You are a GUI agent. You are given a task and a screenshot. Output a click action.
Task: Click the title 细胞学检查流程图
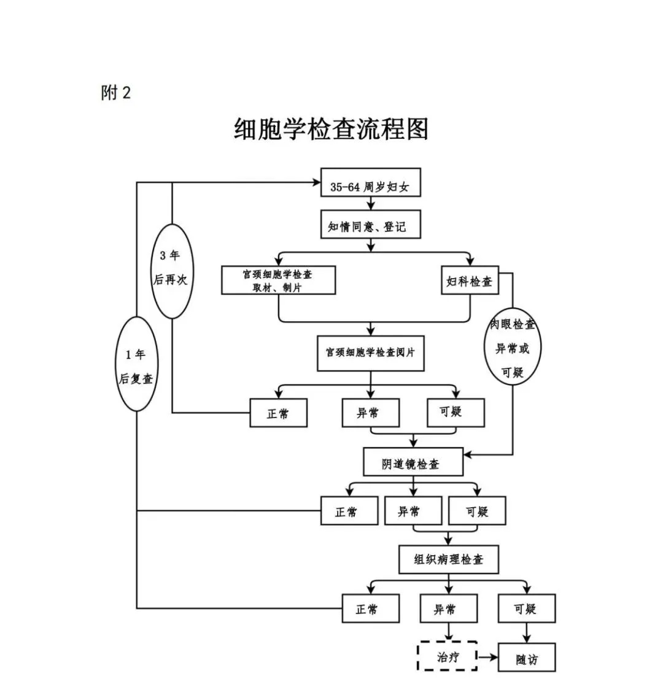tap(331, 130)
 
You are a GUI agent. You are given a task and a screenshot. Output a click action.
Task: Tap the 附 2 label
tap(116, 93)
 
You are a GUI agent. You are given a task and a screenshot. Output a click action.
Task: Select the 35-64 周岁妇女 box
tap(370, 182)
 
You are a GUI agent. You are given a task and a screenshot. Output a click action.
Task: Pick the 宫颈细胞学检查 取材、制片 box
tap(278, 280)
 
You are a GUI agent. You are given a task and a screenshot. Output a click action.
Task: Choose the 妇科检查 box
tap(470, 281)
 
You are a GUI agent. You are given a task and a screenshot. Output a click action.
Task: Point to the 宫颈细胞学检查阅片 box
tap(370, 353)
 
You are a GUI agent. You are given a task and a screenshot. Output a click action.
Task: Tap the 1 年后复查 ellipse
tap(136, 363)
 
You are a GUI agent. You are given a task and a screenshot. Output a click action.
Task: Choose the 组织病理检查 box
tap(448, 559)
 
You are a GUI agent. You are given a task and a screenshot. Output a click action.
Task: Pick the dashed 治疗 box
tap(448, 657)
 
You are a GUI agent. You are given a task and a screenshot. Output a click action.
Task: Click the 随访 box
tap(526, 658)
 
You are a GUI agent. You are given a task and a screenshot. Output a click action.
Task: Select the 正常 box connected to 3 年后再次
tap(278, 413)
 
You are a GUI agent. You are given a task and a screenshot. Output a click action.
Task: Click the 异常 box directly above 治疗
tap(448, 608)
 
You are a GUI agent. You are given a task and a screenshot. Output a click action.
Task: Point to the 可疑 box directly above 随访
tap(526, 608)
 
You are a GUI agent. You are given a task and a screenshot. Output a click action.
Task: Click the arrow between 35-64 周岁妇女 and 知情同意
tap(370, 204)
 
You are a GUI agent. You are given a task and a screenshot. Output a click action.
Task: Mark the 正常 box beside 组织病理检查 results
tap(370, 608)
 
